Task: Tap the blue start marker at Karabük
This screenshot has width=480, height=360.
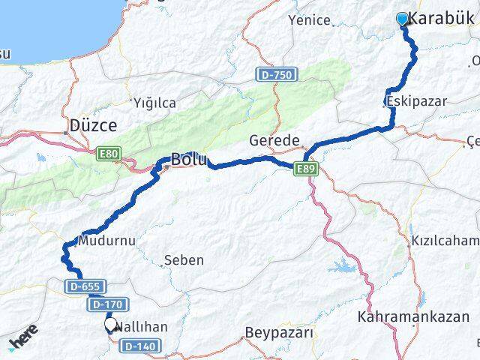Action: coord(402,19)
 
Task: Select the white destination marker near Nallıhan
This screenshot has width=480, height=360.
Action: coord(110,325)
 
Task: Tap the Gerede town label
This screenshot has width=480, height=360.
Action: coord(275,140)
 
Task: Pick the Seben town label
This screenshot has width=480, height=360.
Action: coord(183,260)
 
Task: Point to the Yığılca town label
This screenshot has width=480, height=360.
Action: coord(154,102)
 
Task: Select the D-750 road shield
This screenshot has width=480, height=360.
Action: coord(277,75)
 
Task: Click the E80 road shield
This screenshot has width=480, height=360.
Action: coord(108,154)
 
